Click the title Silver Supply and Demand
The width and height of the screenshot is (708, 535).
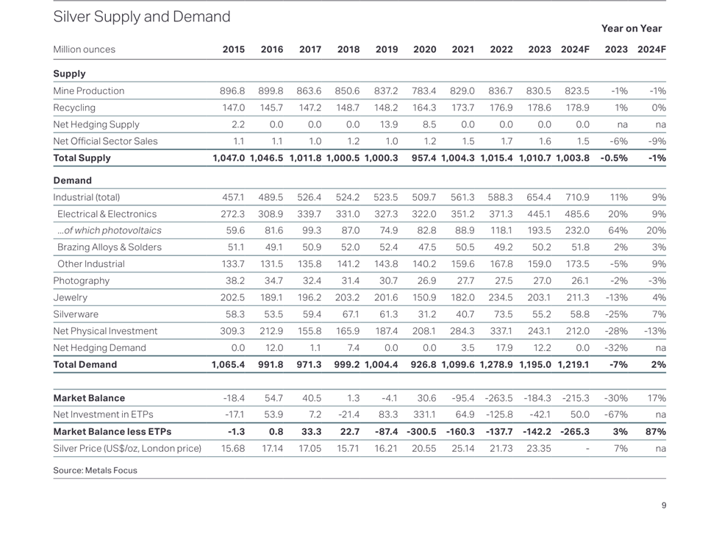(142, 16)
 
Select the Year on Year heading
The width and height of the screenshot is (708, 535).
(631, 29)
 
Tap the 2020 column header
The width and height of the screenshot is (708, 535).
(424, 49)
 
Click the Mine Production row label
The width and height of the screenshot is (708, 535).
(88, 91)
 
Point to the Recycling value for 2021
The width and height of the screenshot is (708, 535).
(462, 107)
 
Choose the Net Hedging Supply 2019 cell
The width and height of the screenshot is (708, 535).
(387, 124)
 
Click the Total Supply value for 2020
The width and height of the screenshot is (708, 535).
(424, 157)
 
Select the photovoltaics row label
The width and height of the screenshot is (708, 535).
(109, 230)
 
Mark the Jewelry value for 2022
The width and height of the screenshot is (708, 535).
(501, 297)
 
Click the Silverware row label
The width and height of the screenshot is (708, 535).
(76, 314)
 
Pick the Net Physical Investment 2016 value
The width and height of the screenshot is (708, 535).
(271, 331)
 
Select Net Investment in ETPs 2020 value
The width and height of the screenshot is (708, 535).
(424, 414)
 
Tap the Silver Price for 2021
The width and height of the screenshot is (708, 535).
(462, 448)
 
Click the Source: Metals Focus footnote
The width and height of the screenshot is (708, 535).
(95, 470)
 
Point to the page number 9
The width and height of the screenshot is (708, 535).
(664, 505)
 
